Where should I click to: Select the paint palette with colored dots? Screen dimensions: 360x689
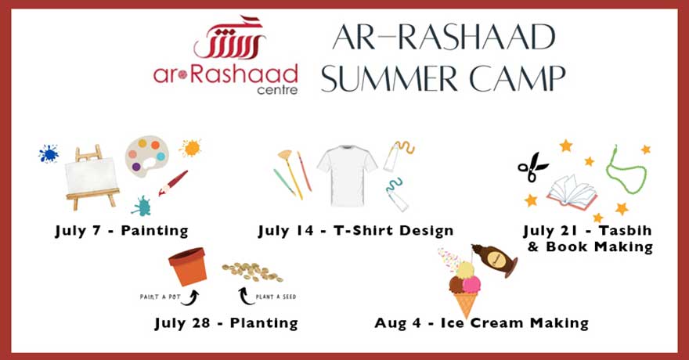pyautogui.click(x=146, y=157)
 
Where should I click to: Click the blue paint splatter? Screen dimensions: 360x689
pyautogui.click(x=48, y=153)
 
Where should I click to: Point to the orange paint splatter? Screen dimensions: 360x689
pyautogui.click(x=189, y=147)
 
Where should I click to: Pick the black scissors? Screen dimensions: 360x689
pyautogui.click(x=532, y=167)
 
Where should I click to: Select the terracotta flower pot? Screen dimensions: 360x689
pyautogui.click(x=188, y=266)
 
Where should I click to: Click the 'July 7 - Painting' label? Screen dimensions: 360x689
pyautogui.click(x=121, y=230)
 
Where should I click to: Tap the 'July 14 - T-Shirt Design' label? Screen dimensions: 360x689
pyautogui.click(x=355, y=230)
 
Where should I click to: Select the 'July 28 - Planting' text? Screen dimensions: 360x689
pyautogui.click(x=225, y=322)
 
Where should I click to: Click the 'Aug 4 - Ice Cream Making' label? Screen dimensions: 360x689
pyautogui.click(x=481, y=322)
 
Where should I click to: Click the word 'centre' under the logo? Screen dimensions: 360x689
pyautogui.click(x=277, y=89)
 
